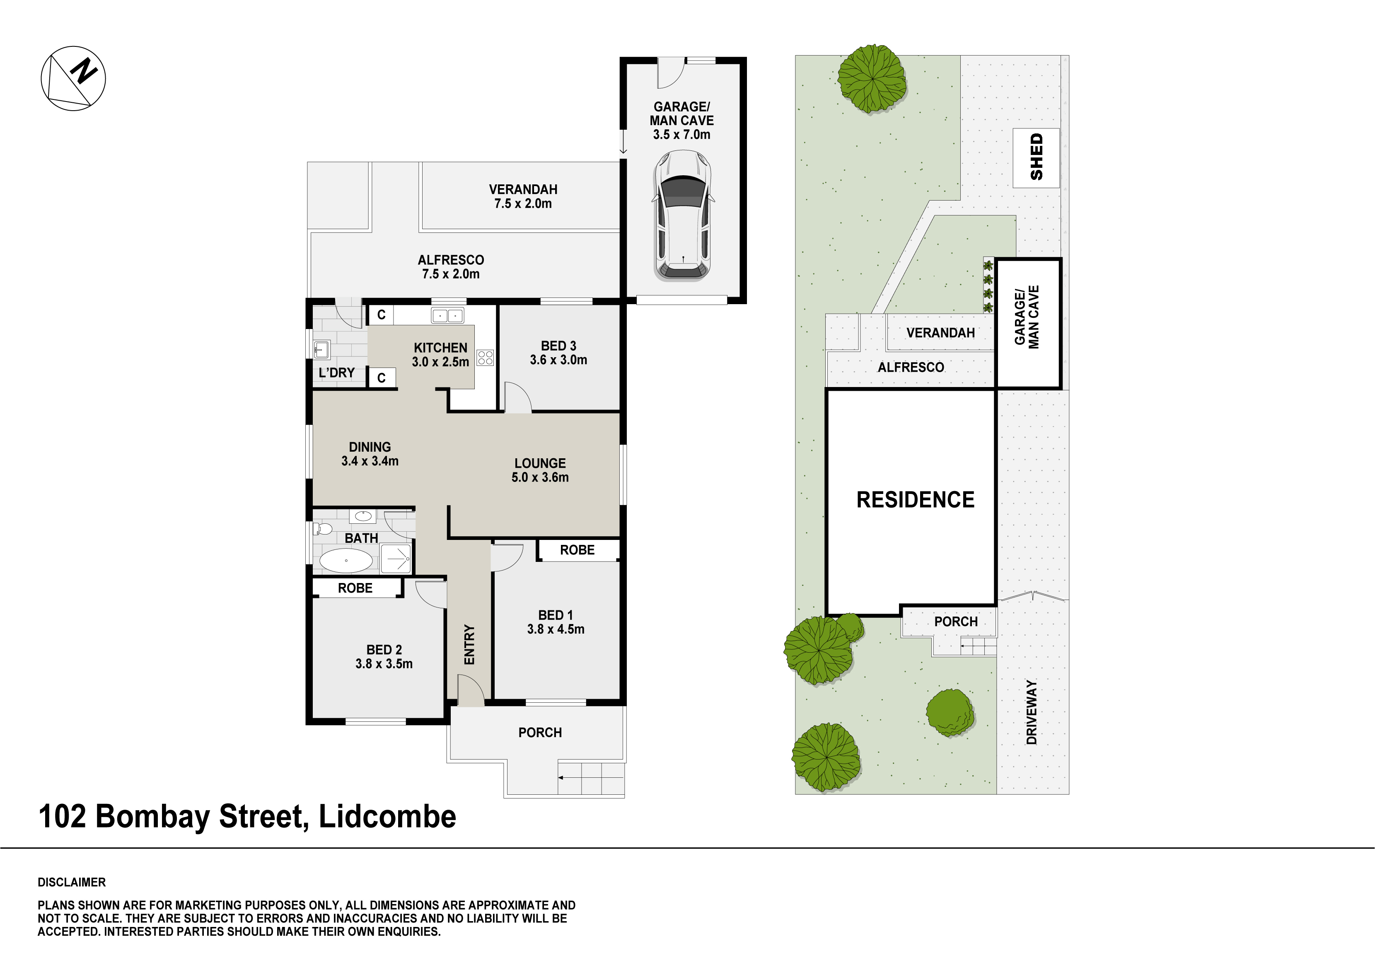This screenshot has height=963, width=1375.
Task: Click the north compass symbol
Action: (x=73, y=78)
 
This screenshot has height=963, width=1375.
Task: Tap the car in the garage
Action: (x=683, y=215)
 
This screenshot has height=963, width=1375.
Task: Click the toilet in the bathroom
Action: (x=323, y=528)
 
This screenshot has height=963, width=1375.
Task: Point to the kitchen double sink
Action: (x=447, y=315)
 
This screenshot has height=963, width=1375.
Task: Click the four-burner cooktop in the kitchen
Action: (x=485, y=358)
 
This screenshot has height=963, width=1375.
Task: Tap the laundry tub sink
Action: (x=321, y=350)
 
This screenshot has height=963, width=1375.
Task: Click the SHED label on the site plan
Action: (x=1036, y=157)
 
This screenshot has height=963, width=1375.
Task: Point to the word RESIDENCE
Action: (x=915, y=499)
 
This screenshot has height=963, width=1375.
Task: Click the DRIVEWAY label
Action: (x=1031, y=712)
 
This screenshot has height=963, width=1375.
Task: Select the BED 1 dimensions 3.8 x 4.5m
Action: (x=556, y=629)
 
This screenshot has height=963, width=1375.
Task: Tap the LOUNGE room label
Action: (x=540, y=463)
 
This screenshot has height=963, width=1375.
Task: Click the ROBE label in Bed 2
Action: (x=355, y=588)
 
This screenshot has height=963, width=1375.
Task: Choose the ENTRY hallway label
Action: (x=469, y=644)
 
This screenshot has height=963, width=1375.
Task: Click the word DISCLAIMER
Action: (x=72, y=882)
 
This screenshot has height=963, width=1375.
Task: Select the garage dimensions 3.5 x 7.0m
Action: (x=681, y=135)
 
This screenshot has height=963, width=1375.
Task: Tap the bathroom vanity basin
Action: (x=363, y=515)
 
